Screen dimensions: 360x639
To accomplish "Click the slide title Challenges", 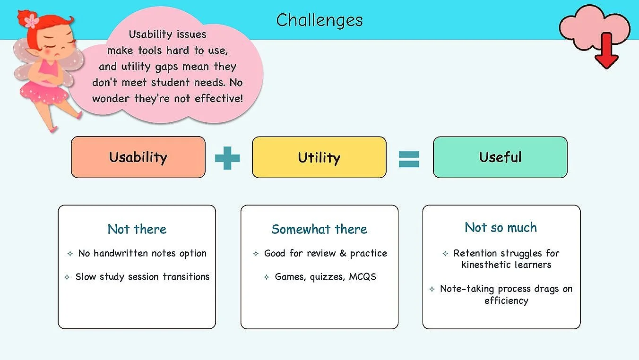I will coord(319,20).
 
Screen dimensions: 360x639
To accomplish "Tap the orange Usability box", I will coord(138,157).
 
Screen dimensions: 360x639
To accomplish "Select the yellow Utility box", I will coord(319,157).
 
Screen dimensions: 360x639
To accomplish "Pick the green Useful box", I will coord(500,157).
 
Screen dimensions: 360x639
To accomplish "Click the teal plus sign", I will coord(227,158).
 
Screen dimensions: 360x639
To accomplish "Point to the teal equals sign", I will coord(409,158).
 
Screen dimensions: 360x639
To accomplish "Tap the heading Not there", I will coord(137,229).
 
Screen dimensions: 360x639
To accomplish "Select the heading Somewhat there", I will coord(319,229).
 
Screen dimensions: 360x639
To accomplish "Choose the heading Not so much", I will coord(501,227).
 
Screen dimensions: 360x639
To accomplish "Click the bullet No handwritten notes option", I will coord(142,253).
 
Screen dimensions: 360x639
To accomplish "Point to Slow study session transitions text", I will coord(142,277).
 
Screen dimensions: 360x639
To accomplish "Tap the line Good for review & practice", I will coord(325,253).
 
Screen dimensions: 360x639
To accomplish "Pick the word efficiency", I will coord(506,300).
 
